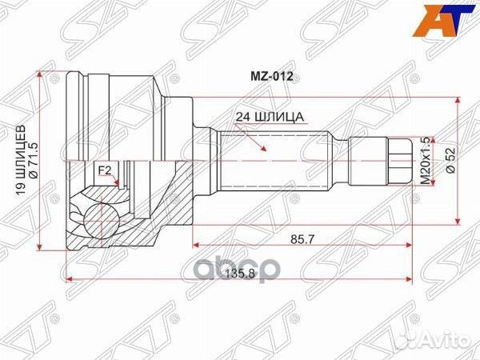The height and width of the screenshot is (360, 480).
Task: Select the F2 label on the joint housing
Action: pos(104,170)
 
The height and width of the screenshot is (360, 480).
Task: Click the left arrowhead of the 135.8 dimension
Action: pos(70,279)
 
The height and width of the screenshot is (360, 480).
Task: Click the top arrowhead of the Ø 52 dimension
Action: pos(458,102)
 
